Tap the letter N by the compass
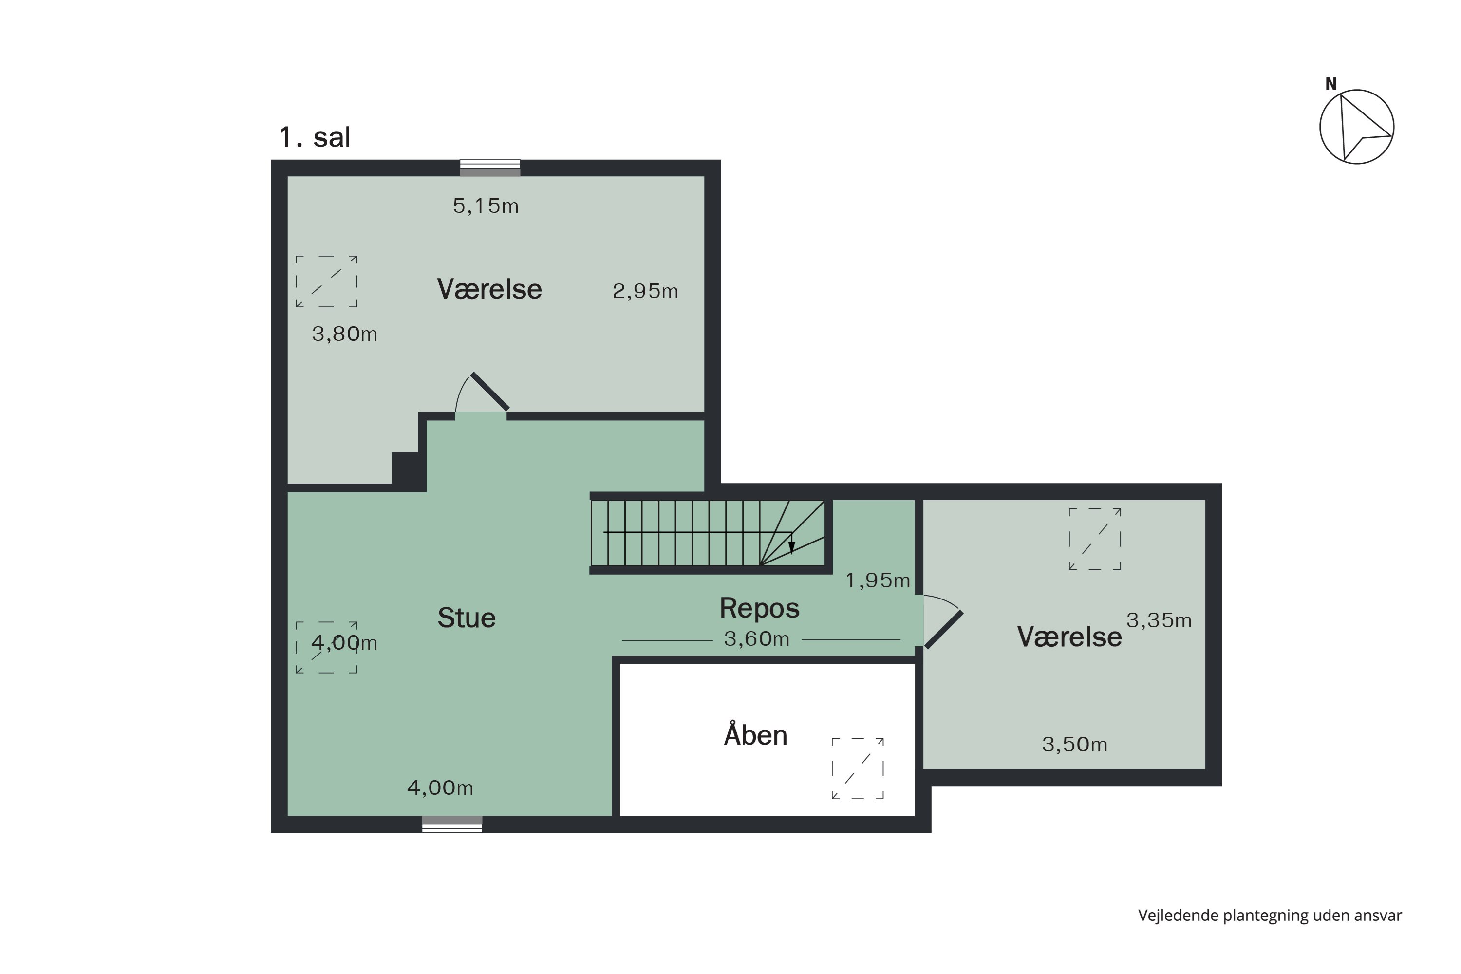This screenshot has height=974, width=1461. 1330,84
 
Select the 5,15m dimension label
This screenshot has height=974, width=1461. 485,206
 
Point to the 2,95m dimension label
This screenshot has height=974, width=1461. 645,291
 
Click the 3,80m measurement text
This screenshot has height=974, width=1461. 344,334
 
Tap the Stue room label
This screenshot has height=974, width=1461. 467,618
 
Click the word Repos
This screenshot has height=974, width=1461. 759,608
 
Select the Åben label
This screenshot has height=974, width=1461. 755,734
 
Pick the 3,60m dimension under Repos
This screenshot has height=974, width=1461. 757,638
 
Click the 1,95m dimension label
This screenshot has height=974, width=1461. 877,580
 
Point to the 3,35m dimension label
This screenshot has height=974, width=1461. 1159,620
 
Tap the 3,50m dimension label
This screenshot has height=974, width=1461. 1075,744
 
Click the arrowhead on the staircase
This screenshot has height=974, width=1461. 791,547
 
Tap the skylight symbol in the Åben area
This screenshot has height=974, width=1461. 857,768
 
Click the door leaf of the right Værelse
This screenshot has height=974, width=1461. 944,630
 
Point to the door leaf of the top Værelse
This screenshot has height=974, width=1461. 489,392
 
